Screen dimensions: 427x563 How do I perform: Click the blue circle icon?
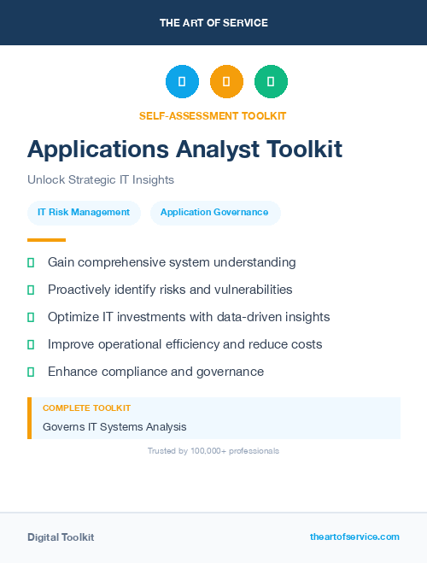coord(182,81)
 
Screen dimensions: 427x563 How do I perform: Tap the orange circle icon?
coord(226,81)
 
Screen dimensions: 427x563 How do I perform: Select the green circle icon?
coord(271,81)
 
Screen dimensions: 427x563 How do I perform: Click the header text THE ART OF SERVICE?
coord(213,23)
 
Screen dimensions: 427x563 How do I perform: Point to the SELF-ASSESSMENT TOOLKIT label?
coord(213,115)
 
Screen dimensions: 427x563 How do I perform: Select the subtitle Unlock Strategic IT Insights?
coord(101,180)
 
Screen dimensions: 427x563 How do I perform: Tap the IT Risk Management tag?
coord(84,212)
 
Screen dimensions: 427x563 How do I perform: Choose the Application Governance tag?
coord(214,212)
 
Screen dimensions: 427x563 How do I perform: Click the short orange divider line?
coord(46,240)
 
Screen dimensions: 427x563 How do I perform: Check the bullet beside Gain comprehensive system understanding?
coord(31,262)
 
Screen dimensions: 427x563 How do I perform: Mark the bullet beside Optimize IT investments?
coord(31,317)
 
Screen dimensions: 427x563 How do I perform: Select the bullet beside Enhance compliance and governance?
coord(31,372)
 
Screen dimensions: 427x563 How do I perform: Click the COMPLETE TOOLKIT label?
coord(86,408)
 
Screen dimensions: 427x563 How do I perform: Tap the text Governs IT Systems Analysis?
coord(114,426)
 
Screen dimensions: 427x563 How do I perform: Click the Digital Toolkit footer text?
coord(61,537)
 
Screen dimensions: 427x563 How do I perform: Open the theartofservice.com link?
coord(354,537)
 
